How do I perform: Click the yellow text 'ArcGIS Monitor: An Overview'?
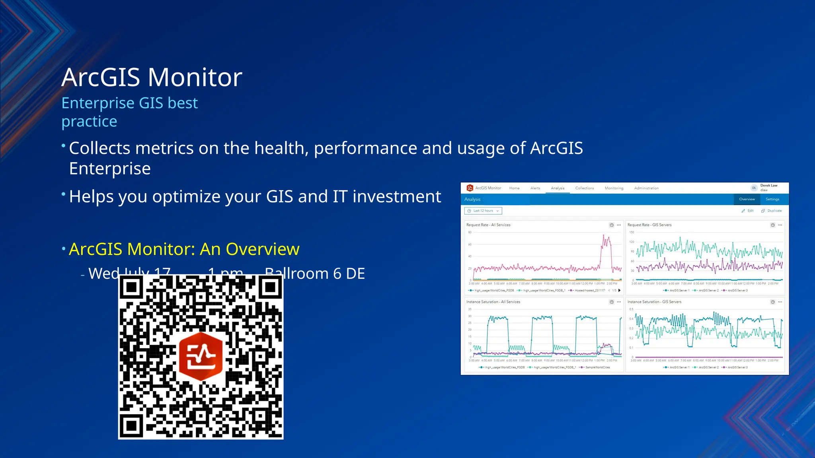(x=184, y=249)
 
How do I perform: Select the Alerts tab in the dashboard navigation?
(x=535, y=188)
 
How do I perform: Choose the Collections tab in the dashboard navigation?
(x=584, y=188)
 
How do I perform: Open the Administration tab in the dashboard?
(x=646, y=188)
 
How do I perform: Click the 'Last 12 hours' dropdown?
(x=483, y=211)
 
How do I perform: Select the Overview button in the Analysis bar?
(x=747, y=199)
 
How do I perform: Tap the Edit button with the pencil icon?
(x=748, y=211)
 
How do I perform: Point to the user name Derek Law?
(x=768, y=186)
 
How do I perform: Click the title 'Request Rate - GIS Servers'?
(x=649, y=225)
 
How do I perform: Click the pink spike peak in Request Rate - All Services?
(x=604, y=237)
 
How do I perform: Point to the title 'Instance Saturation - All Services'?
(x=493, y=302)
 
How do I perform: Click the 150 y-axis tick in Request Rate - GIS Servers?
(x=632, y=232)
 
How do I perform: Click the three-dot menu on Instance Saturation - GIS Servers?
(x=780, y=302)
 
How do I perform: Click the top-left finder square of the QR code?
(x=131, y=287)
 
